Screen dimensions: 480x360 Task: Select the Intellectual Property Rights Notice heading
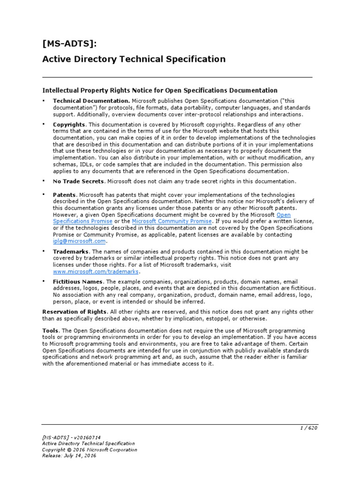(x=160, y=90)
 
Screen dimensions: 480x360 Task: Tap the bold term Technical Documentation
(x=91, y=101)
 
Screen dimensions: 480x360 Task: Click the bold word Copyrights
(x=69, y=125)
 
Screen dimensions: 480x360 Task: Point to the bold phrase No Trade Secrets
(x=78, y=181)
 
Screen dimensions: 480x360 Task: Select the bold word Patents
(x=65, y=195)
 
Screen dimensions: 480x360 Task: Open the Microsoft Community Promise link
(x=172, y=221)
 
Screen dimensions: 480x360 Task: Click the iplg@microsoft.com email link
(x=79, y=241)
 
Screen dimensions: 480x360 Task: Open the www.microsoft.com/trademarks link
(x=96, y=271)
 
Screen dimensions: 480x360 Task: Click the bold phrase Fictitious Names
(x=77, y=282)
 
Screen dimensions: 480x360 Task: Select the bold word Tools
(x=51, y=331)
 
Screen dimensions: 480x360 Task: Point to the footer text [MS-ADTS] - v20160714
(x=71, y=437)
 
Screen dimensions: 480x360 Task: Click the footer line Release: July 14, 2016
(x=69, y=456)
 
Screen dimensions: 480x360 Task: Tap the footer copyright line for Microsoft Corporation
(x=90, y=450)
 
